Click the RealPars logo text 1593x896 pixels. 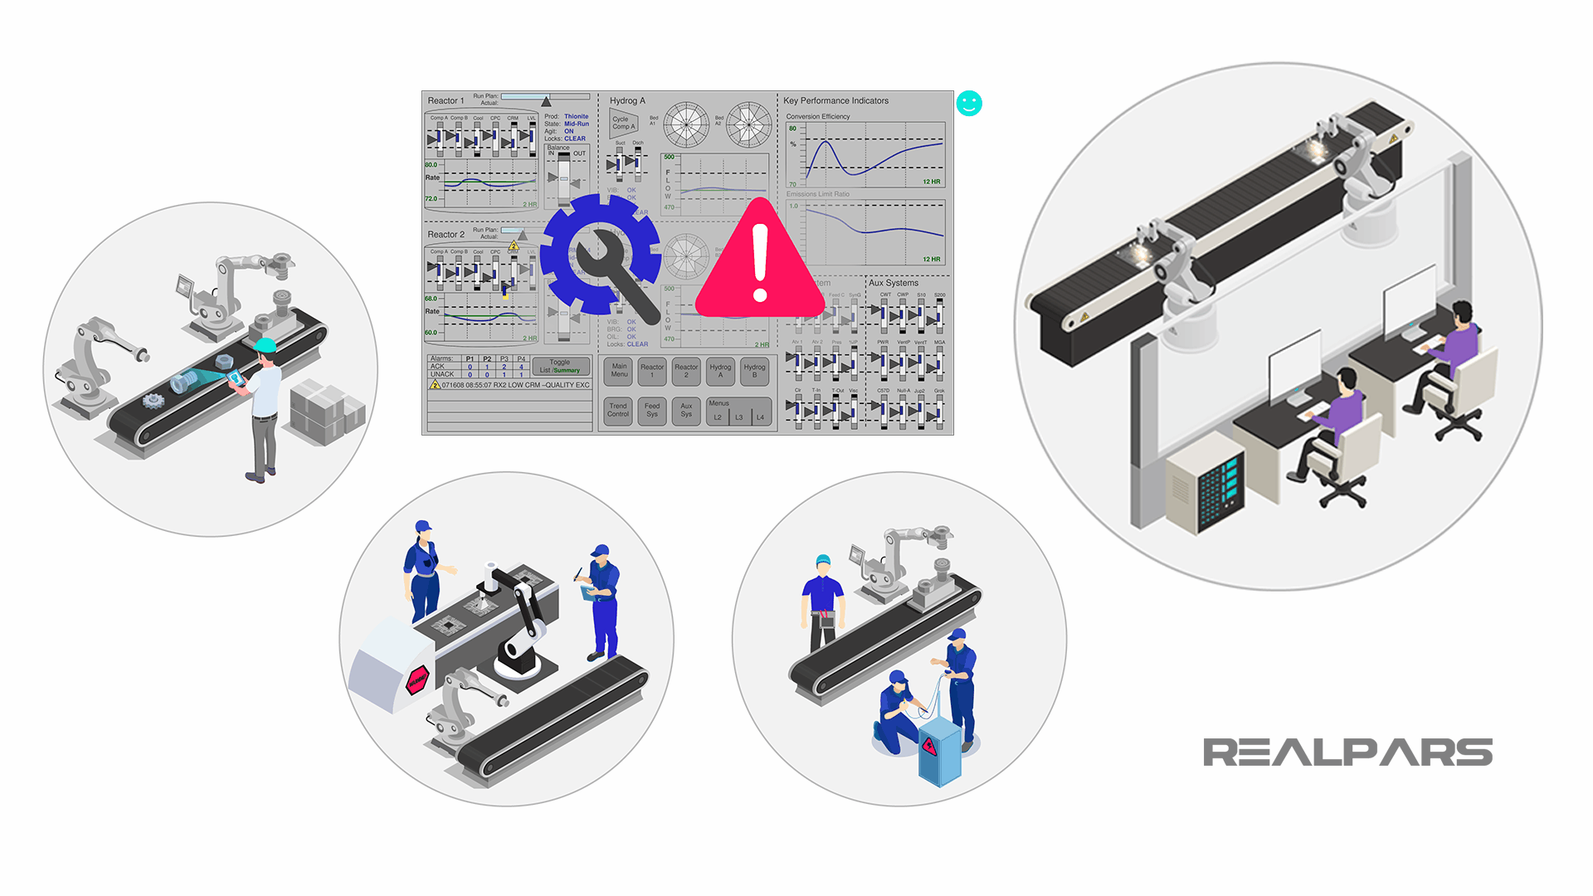[1347, 752]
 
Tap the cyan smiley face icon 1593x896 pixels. [969, 103]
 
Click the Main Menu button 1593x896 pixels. [619, 371]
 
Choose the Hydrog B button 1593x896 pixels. [754, 371]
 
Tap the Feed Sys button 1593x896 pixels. [652, 410]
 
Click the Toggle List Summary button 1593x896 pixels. [560, 366]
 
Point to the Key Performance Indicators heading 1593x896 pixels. [835, 100]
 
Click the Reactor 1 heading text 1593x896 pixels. [446, 100]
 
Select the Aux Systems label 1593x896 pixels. [893, 283]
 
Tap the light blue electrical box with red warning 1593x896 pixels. [939, 751]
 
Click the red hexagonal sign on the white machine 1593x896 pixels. [417, 681]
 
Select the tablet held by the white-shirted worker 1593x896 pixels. [236, 377]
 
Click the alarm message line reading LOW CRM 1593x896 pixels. [514, 385]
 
